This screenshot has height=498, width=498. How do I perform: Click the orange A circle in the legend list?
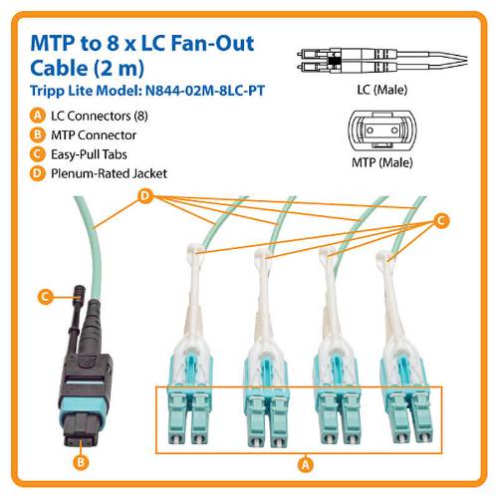pyautogui.click(x=38, y=116)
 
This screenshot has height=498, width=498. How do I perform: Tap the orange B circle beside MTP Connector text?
pyautogui.click(x=38, y=134)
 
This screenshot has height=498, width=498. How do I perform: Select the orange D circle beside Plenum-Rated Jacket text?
pyautogui.click(x=38, y=173)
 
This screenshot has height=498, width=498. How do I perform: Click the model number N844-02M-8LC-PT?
pyautogui.click(x=205, y=91)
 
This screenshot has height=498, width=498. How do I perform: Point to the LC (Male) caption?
pyautogui.click(x=382, y=90)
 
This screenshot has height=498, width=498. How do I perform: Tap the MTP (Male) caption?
pyautogui.click(x=382, y=162)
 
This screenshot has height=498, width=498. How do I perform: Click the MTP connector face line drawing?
pyautogui.click(x=381, y=130)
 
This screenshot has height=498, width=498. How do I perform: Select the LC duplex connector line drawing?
pyautogui.click(x=381, y=61)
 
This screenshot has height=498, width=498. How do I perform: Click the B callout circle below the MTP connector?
pyautogui.click(x=81, y=462)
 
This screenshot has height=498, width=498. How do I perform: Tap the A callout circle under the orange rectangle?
pyautogui.click(x=306, y=464)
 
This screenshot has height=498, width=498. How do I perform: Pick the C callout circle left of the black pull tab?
pyautogui.click(x=46, y=297)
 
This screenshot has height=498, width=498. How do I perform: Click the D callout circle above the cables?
pyautogui.click(x=145, y=196)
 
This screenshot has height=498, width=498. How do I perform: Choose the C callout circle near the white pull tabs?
pyautogui.click(x=441, y=220)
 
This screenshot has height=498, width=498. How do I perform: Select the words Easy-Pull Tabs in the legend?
pyautogui.click(x=89, y=154)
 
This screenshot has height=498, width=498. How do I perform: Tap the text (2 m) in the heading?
pyautogui.click(x=119, y=68)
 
